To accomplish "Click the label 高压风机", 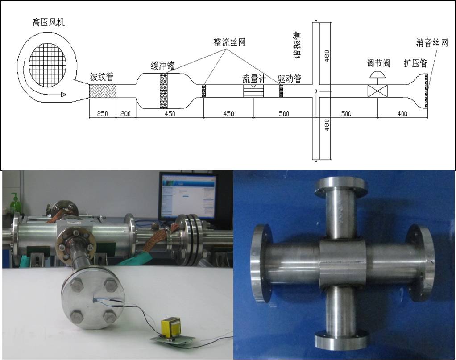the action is [49, 22].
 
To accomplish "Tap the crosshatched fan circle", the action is [48, 65].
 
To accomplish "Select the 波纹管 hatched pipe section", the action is [102, 91].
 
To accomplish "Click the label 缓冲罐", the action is [163, 66].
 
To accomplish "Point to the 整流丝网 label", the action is [229, 42].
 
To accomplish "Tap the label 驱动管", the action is [290, 79].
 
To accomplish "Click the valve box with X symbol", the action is [377, 91].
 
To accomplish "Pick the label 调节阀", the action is [378, 63].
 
